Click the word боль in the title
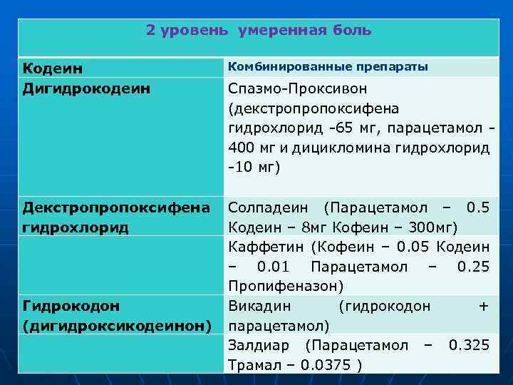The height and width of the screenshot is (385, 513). (x=353, y=31)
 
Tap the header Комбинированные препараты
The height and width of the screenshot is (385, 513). (x=327, y=67)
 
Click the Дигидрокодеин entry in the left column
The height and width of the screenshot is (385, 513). (x=87, y=88)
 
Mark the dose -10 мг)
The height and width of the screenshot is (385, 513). (x=254, y=168)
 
